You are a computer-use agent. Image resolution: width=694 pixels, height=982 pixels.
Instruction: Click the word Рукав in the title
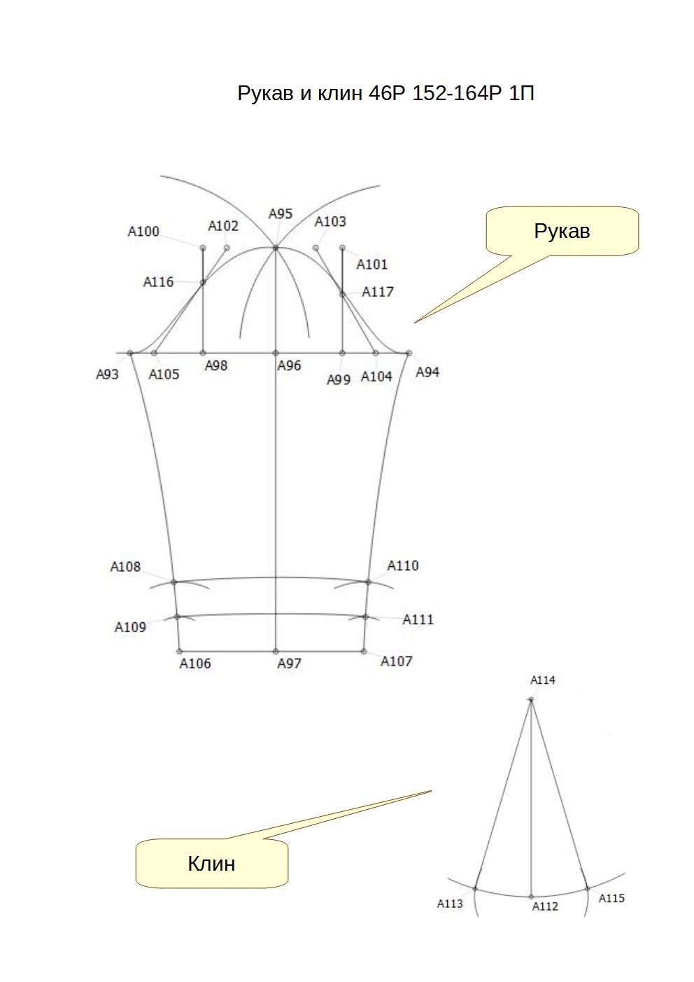click(x=266, y=94)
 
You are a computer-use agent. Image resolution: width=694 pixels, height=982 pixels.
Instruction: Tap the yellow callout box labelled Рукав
click(x=562, y=231)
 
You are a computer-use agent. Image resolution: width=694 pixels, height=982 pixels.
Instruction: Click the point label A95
click(x=281, y=214)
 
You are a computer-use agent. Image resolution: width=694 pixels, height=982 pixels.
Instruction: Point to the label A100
click(x=143, y=232)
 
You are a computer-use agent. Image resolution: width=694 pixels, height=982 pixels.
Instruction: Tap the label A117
click(x=378, y=292)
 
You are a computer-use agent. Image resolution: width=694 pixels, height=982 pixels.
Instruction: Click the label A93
click(x=107, y=374)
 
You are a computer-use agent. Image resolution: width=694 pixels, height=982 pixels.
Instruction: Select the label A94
click(x=427, y=372)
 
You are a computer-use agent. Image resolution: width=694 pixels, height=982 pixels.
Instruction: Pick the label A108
click(x=125, y=567)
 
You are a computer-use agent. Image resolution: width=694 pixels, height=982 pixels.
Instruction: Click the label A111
click(x=418, y=619)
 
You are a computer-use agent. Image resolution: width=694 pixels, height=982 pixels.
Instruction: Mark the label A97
click(x=289, y=664)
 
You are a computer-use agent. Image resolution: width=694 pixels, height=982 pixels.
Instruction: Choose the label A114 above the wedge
click(x=543, y=680)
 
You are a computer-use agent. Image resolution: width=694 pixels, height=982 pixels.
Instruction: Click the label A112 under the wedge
click(x=545, y=906)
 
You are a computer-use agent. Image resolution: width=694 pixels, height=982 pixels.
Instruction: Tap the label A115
click(x=611, y=898)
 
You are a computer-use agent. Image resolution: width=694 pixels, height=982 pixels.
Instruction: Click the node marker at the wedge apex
click(x=531, y=700)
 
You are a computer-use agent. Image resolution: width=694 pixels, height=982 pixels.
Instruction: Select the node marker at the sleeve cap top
click(x=276, y=248)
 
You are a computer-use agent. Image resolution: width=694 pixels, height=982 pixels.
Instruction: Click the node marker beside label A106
click(x=179, y=652)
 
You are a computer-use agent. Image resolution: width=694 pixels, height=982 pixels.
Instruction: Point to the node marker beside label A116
click(x=203, y=283)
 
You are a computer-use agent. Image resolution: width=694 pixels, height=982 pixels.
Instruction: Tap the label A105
click(x=164, y=374)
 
